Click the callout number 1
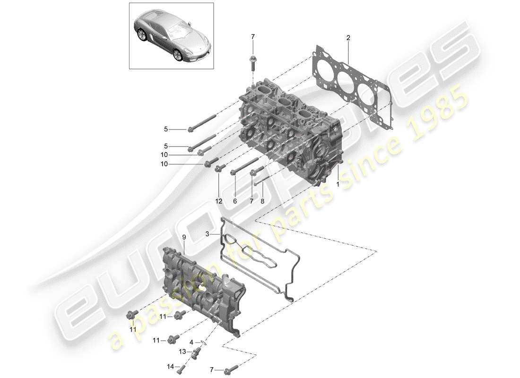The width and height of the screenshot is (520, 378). pyautogui.click(x=338, y=184)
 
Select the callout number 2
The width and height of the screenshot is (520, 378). pyautogui.click(x=348, y=37)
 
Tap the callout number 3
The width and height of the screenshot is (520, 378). pyautogui.click(x=207, y=234)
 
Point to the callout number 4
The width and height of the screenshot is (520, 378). pyautogui.click(x=191, y=342)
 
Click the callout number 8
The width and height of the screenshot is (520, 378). pyautogui.click(x=263, y=200)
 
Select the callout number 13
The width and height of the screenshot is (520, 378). pyautogui.click(x=182, y=352)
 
